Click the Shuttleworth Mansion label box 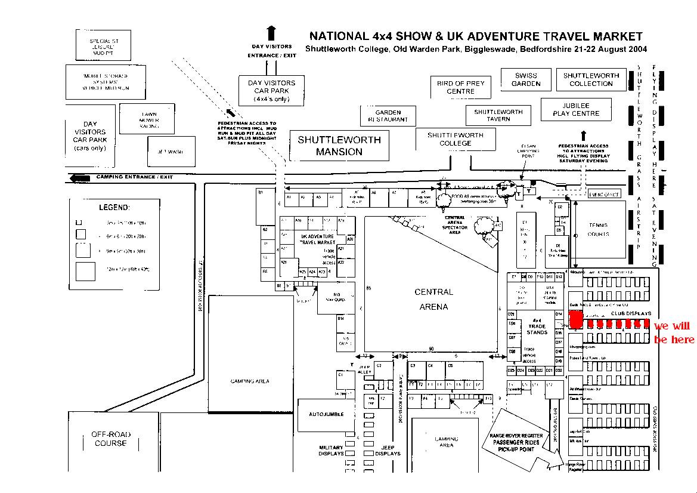coord(339,146)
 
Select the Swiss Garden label coord(525,79)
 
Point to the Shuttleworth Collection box coord(591,79)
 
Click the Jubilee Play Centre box coord(575,110)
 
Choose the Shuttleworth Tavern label coord(498,115)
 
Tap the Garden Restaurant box coord(388,116)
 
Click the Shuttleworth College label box coord(455,139)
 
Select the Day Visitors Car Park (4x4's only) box coord(271,91)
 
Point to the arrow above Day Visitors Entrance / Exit coord(271,32)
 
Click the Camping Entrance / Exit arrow coord(79,178)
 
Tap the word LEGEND coord(114,208)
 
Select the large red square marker coord(576,319)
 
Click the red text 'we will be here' coord(674,332)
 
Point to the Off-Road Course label coord(111,439)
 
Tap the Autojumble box coord(326,414)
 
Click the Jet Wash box coord(171,152)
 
